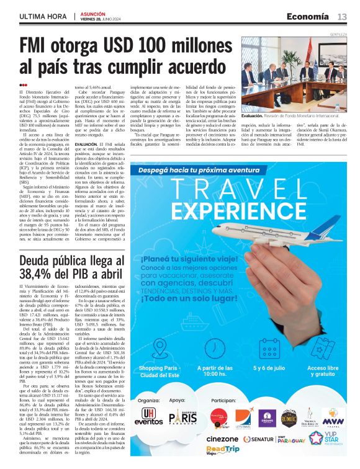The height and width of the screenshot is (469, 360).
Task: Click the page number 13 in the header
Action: (342, 16)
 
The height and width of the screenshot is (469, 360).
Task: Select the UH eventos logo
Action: (150, 417)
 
